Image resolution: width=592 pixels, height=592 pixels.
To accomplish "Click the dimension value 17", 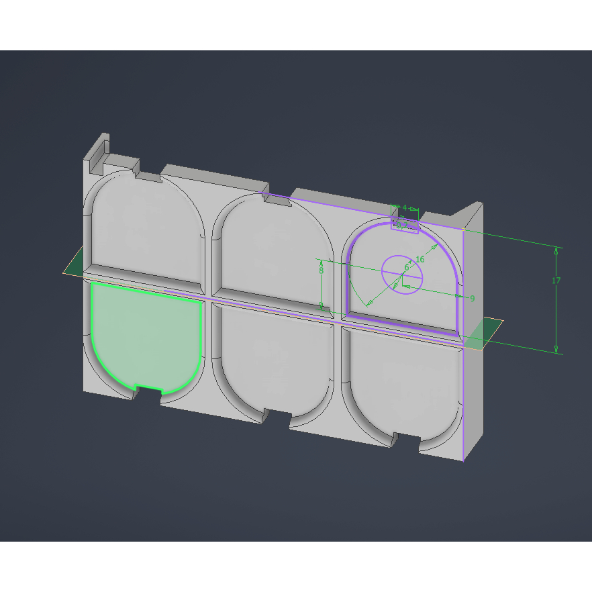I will [x=556, y=281].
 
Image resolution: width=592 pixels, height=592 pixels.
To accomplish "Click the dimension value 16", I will [x=420, y=259].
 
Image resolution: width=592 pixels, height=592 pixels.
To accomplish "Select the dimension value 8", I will [x=322, y=270].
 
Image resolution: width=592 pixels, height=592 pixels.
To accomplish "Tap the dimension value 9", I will [x=472, y=298].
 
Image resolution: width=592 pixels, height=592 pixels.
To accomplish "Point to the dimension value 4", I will [x=405, y=207].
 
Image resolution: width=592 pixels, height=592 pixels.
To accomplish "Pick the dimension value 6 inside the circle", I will [x=406, y=268].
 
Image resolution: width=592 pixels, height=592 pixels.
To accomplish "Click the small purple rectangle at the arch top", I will [x=405, y=226].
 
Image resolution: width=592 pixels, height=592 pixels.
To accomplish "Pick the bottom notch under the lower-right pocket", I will [x=407, y=440].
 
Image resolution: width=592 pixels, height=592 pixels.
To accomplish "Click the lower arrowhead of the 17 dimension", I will [x=556, y=348].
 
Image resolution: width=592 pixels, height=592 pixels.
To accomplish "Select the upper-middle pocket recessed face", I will [x=275, y=248].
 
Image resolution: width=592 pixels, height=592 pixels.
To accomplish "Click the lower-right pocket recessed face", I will [x=403, y=383].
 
